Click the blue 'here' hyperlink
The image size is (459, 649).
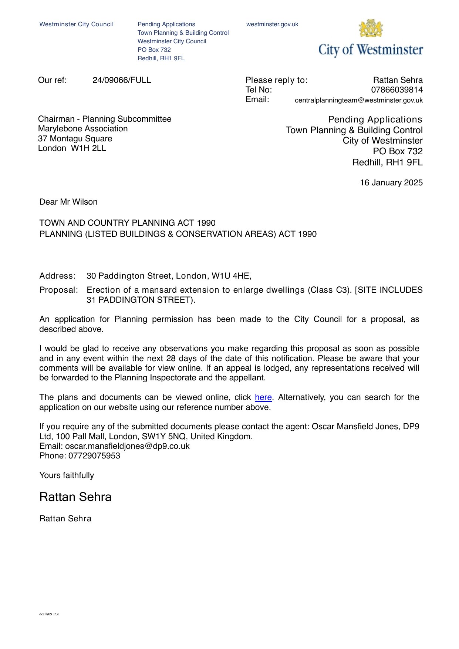pyautogui.click(x=263, y=397)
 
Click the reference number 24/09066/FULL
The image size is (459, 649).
pyautogui.click(x=122, y=80)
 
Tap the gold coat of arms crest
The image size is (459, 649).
pyautogui.click(x=370, y=28)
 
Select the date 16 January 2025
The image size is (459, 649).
pyautogui.click(x=391, y=183)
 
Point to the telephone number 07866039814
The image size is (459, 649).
pyautogui.click(x=396, y=90)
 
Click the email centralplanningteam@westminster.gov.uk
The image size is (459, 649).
pyautogui.click(x=358, y=100)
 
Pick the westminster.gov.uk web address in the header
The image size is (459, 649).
pyautogui.click(x=272, y=24)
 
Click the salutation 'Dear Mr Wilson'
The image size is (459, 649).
pyautogui.click(x=68, y=202)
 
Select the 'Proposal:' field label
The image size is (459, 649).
pyautogui.click(x=59, y=290)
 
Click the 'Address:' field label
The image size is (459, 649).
pyautogui.click(x=57, y=276)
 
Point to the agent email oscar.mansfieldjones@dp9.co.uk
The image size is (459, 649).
pyautogui.click(x=127, y=446)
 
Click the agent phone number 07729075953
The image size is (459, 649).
pyautogui.click(x=94, y=456)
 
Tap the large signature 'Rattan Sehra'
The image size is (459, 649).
pyautogui.click(x=75, y=497)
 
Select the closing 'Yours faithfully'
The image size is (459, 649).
pyautogui.click(x=67, y=475)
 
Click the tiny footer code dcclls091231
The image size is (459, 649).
pyautogui.click(x=50, y=614)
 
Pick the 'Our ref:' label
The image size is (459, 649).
pyautogui.click(x=53, y=80)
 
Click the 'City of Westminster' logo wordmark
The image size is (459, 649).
pyautogui.click(x=371, y=50)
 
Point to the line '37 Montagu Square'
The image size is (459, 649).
pyautogui.click(x=75, y=139)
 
